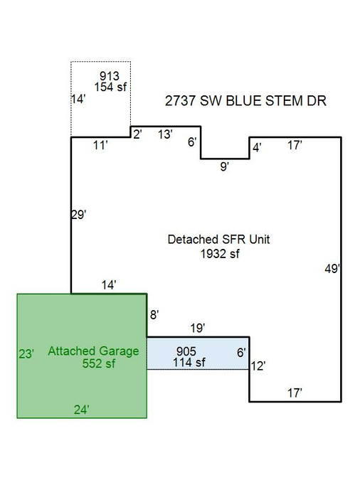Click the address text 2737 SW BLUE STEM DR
[x=245, y=101]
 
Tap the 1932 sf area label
[x=220, y=253]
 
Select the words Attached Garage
[x=93, y=351]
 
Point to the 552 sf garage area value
[x=99, y=363]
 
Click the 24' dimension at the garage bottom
[x=82, y=410]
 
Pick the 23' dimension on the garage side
[x=26, y=354]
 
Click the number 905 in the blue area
[x=186, y=351]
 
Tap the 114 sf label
[x=189, y=363]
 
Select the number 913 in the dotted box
[x=110, y=76]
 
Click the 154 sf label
[x=110, y=87]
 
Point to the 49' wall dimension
[x=332, y=269]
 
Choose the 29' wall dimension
[x=79, y=215]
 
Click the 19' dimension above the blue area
[x=198, y=328]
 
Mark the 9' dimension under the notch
[x=225, y=167]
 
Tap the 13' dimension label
[x=166, y=134]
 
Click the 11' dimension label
[x=100, y=145]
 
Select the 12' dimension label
[x=258, y=366]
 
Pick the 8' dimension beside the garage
[x=154, y=315]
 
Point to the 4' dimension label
[x=257, y=148]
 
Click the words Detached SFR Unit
[x=218, y=240]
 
